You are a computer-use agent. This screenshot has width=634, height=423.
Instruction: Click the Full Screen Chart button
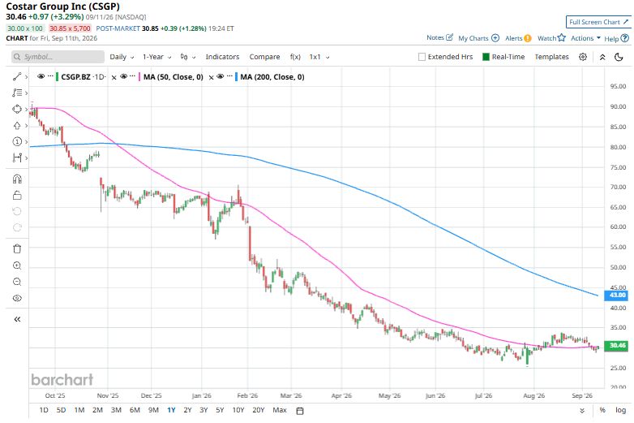coord(598,22)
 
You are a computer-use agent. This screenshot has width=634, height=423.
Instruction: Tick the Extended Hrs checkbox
coord(422,57)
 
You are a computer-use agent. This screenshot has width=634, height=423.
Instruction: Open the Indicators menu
coord(222,57)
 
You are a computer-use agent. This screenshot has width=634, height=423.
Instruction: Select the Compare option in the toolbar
coord(264,57)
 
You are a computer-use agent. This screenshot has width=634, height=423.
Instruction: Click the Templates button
coord(551,57)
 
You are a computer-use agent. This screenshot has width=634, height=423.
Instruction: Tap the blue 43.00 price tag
coord(616,295)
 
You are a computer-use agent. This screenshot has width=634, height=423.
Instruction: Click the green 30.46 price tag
coord(616,345)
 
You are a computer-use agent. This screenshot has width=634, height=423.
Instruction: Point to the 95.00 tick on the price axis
coord(618,86)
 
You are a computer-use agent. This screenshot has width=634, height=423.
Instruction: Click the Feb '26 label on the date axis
coord(247,395)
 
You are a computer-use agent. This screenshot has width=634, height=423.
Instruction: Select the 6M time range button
coord(135,410)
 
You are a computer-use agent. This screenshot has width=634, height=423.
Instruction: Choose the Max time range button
coord(280,410)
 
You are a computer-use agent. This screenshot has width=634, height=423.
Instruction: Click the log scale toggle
coord(621,410)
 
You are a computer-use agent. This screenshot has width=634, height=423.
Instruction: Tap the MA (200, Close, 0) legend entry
coord(272,77)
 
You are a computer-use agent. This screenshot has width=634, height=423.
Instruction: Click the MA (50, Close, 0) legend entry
coord(173,77)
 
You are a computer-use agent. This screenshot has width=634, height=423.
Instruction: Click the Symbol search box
coord(58,57)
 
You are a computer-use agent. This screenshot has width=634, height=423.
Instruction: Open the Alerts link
coord(518,38)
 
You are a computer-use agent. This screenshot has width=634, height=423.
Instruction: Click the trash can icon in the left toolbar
coord(17,248)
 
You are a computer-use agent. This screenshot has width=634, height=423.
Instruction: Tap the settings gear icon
coord(583,57)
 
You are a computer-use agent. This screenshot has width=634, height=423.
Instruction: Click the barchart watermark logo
coord(62,379)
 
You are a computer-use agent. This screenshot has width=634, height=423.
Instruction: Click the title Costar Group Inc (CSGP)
coord(62,6)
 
